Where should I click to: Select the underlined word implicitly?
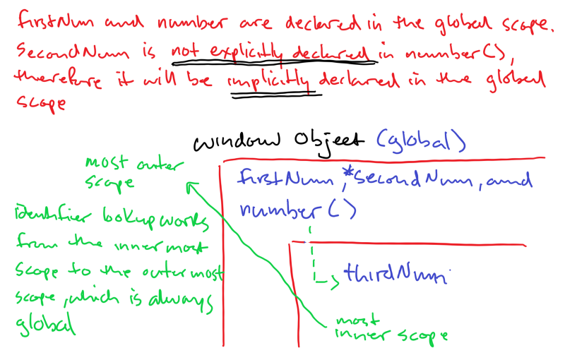click(x=270, y=80)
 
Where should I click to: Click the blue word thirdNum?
click(x=392, y=274)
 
